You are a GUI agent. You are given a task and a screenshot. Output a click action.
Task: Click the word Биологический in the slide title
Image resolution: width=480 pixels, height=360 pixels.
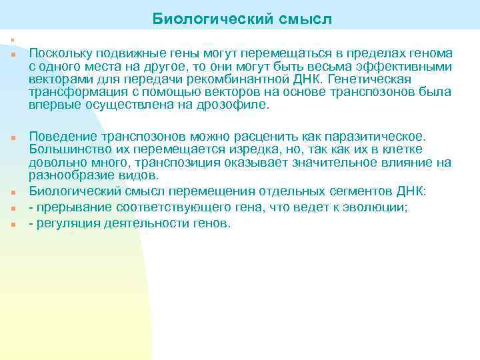207,18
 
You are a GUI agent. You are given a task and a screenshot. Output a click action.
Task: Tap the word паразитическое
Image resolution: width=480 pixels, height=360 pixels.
377,136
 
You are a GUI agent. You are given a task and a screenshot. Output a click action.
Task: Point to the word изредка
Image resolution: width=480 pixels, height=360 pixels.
219,149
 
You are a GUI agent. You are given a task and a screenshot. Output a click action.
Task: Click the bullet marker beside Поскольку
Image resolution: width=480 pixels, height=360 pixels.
12,54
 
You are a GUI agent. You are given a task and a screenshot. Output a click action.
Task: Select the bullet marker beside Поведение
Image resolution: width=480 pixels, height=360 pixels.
12,137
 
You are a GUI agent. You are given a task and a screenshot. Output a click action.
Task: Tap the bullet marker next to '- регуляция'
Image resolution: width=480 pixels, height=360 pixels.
12,225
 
